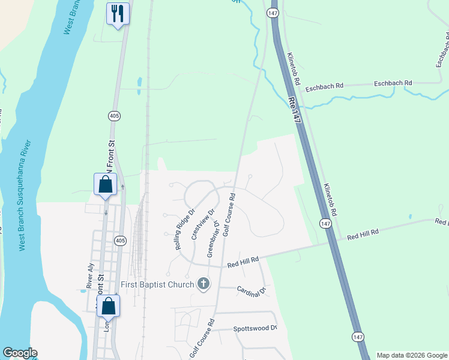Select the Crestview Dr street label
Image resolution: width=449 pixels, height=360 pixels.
tap(203, 224)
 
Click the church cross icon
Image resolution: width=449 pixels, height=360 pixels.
tap(203, 283)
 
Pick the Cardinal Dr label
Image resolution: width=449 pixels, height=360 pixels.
tap(252, 290)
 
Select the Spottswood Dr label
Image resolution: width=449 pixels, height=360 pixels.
tap(255, 328)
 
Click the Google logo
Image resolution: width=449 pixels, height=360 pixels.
tap(20, 353)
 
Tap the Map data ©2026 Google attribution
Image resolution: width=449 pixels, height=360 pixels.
tap(411, 355)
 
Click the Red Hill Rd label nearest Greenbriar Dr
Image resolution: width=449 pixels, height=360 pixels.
tap(243, 262)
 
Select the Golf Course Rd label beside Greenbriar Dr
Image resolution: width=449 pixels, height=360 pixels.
tap(229, 214)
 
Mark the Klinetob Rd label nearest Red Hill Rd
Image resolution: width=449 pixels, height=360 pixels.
tap(331, 200)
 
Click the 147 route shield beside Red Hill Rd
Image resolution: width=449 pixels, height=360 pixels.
tap(325, 223)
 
